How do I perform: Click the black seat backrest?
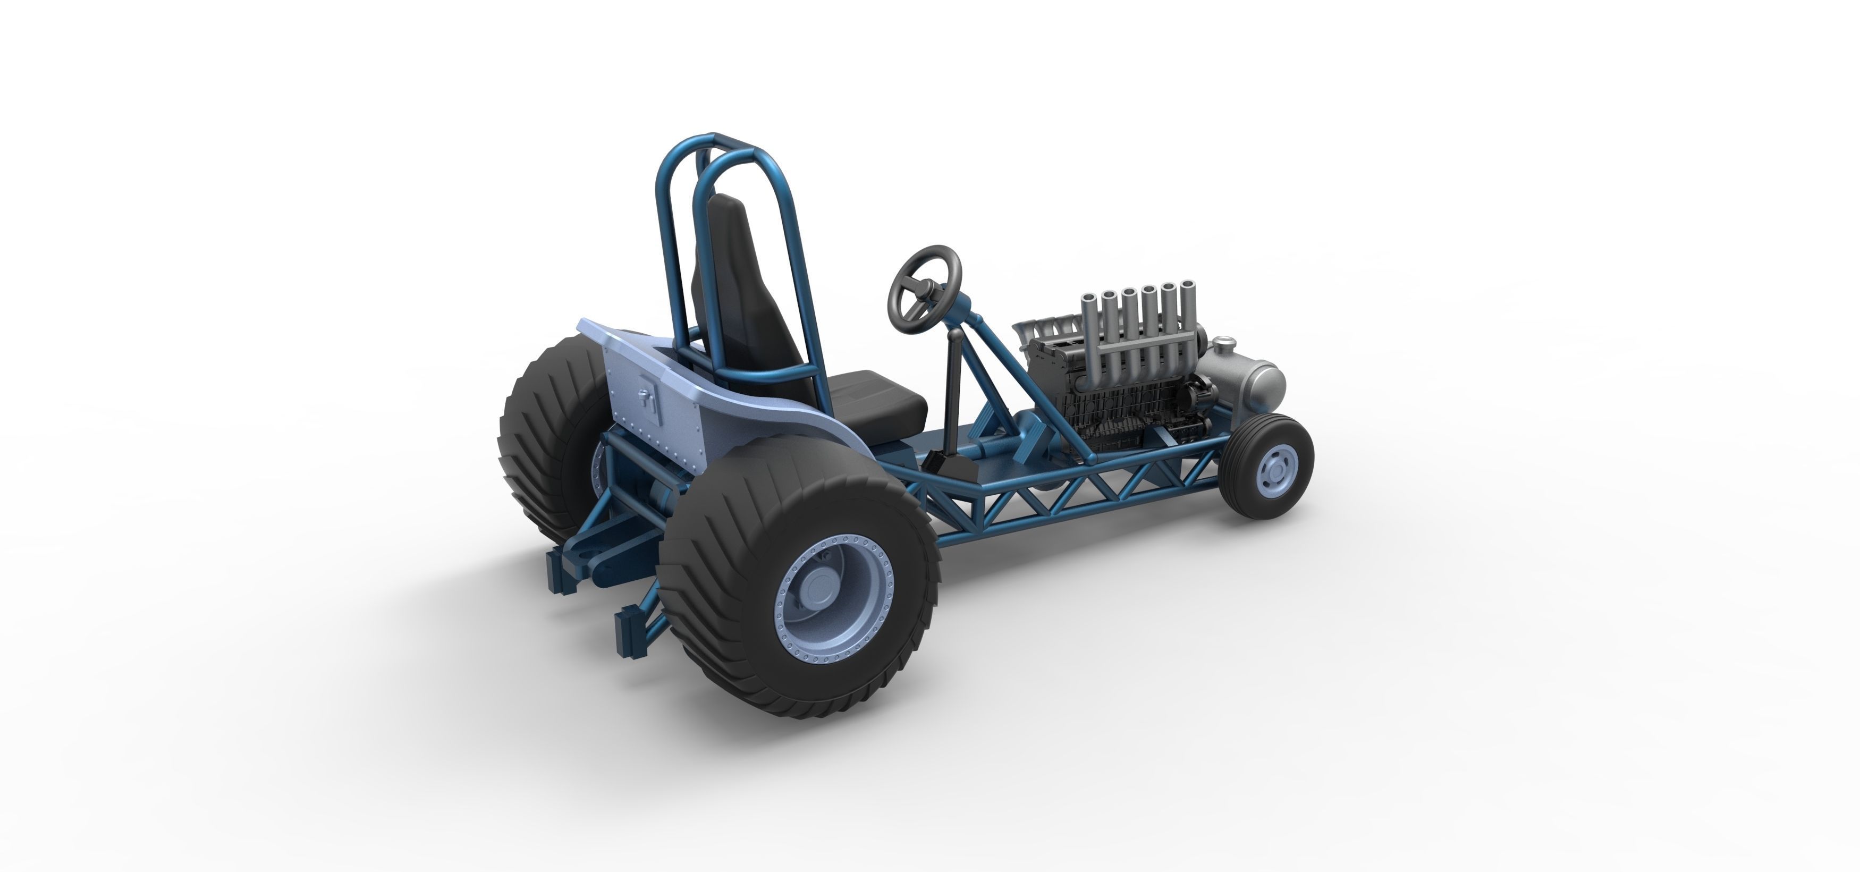[x=733, y=289]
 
